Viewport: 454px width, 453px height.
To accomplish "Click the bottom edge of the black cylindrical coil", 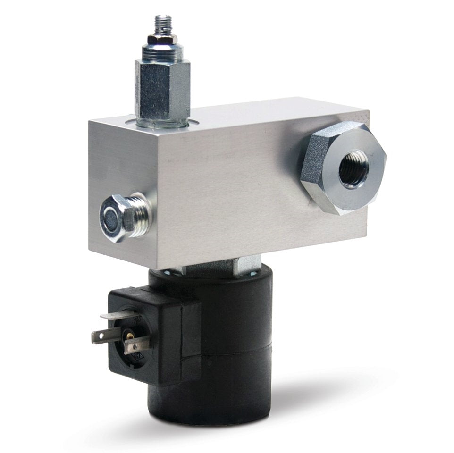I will coord(212,423).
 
